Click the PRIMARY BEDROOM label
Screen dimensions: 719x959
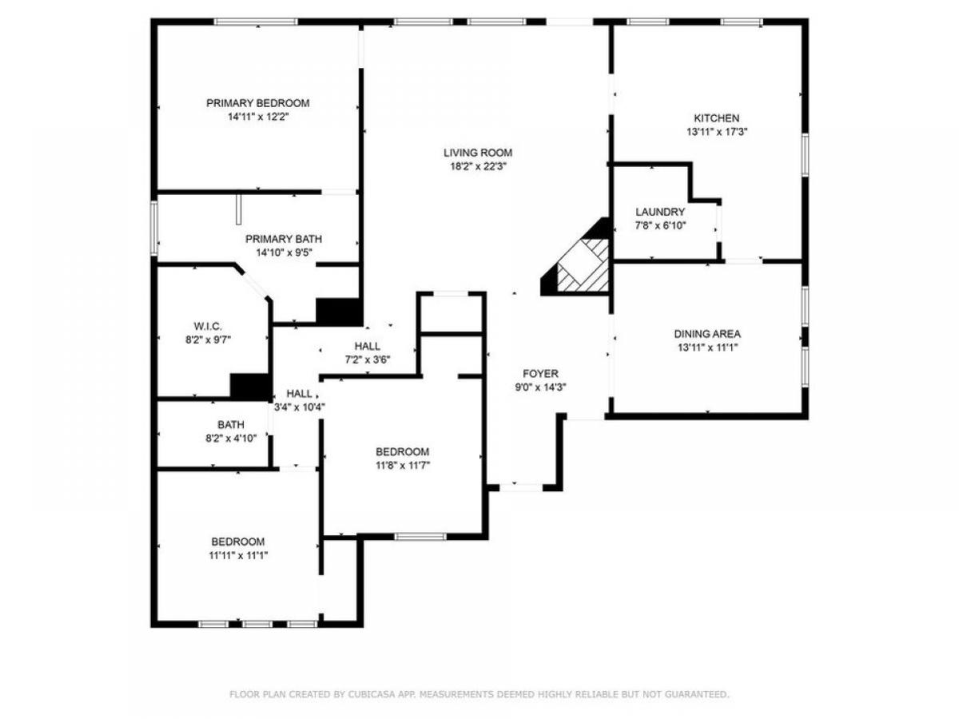pos(257,103)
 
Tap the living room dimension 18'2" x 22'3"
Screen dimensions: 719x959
pos(478,166)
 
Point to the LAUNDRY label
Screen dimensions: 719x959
pos(660,212)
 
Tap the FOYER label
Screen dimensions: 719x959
pos(540,373)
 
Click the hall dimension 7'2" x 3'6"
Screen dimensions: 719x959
pos(367,359)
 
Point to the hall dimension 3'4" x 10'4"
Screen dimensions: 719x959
pos(299,407)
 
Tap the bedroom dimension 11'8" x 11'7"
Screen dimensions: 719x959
pos(402,465)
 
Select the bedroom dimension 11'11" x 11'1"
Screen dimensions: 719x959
pos(237,555)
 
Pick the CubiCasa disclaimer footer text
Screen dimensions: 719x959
pos(479,695)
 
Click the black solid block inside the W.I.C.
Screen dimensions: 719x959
pos(250,386)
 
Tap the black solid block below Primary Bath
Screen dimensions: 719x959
pos(339,312)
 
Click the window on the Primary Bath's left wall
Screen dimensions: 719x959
pos(155,228)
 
